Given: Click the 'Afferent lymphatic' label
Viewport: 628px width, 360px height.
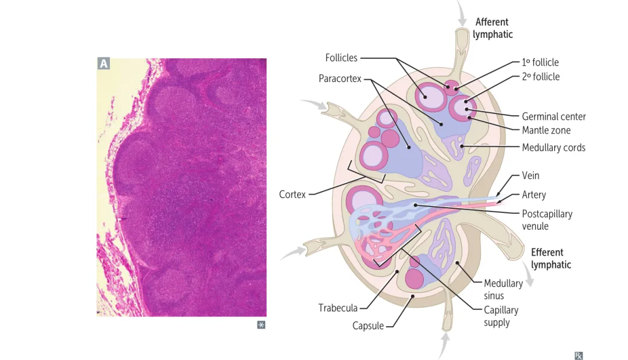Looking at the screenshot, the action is point(493,28).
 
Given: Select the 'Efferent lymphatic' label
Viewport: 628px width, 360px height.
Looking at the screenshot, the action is point(551,258).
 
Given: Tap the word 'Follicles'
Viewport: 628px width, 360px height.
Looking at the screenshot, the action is point(341,58).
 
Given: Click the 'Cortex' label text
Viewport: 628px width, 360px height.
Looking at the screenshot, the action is point(292,194).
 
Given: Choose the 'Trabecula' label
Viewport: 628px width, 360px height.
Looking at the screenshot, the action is point(338,307).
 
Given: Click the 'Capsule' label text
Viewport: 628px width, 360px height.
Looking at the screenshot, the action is point(368,325).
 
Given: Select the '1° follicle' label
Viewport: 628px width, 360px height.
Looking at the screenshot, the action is point(540,62).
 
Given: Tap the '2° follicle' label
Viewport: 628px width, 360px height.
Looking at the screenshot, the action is point(541,76).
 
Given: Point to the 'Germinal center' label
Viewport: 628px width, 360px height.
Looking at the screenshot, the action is point(554,116).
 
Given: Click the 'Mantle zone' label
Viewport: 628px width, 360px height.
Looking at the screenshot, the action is point(546,130).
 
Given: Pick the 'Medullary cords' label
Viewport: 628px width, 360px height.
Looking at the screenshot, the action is point(553,147).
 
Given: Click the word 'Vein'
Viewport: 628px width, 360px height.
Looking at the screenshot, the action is point(530,175).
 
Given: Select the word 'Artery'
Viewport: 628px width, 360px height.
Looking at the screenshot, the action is point(534,194).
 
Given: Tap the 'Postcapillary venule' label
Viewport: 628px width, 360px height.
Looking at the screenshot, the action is point(547,219).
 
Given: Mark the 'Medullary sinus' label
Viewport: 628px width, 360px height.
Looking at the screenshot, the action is point(503,289).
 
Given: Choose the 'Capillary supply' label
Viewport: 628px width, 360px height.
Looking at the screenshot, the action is point(501,316).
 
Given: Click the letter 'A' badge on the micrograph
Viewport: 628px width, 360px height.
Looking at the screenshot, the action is point(104,64).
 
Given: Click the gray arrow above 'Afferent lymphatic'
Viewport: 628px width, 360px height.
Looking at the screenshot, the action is point(462,13).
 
